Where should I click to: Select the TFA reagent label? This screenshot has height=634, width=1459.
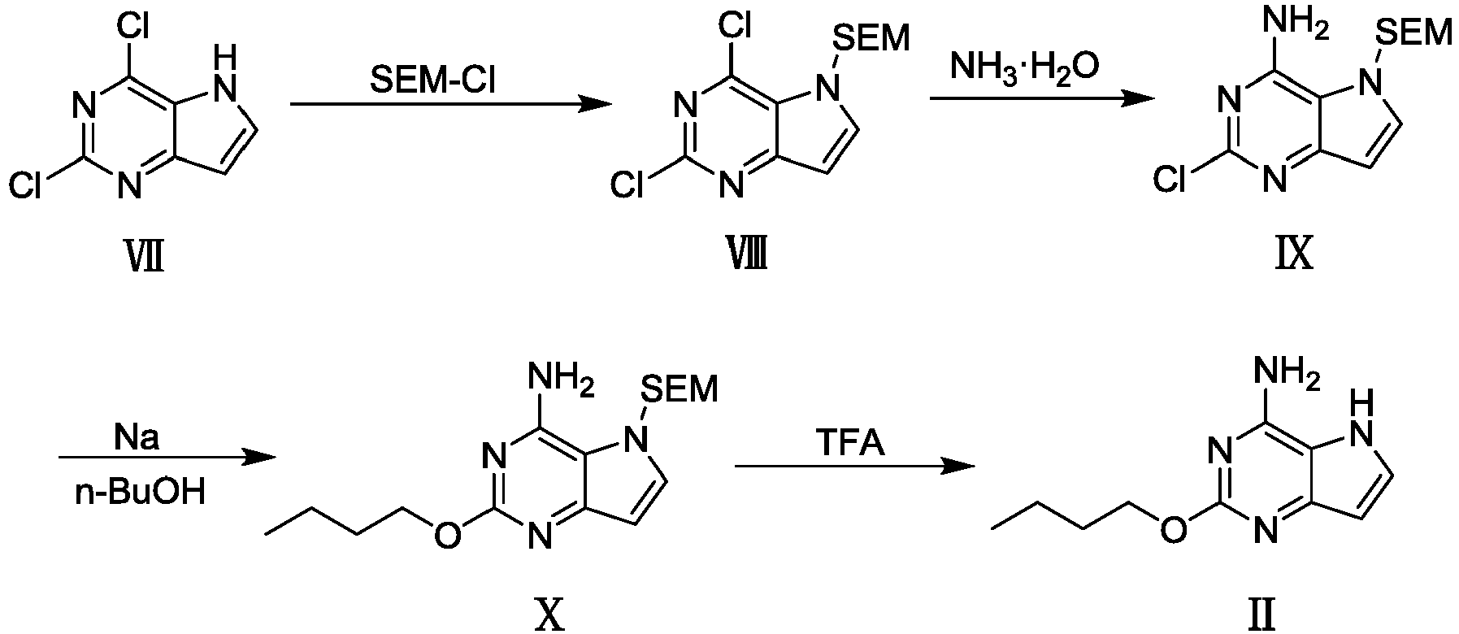(x=852, y=445)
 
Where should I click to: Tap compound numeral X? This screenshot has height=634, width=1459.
(x=550, y=617)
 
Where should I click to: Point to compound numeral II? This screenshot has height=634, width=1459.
(x=1262, y=617)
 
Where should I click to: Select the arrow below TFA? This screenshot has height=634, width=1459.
(x=854, y=467)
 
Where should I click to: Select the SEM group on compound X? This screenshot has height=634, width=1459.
(x=681, y=389)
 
